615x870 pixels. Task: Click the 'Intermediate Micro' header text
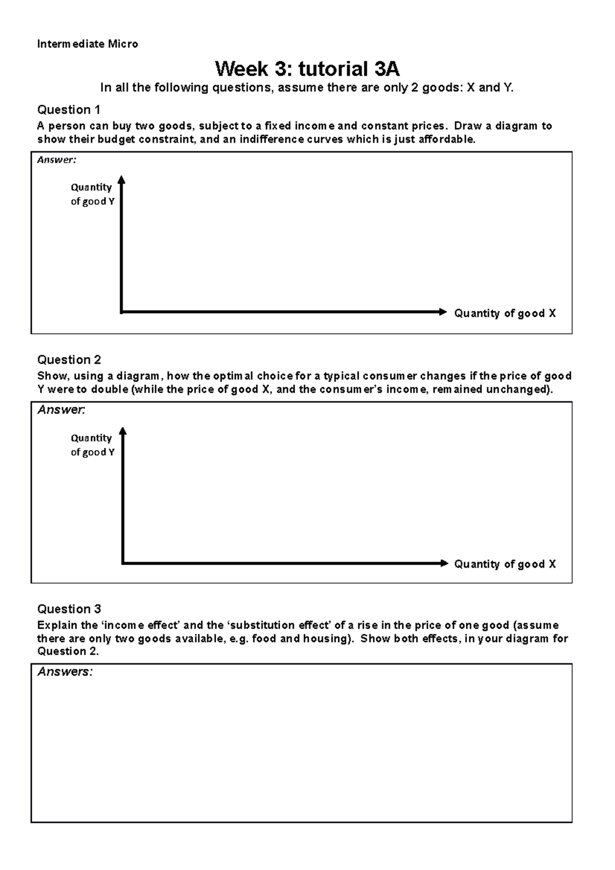pyautogui.click(x=87, y=44)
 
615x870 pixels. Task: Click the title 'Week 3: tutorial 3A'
pyautogui.click(x=307, y=68)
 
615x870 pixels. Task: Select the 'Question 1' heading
pyautogui.click(x=69, y=110)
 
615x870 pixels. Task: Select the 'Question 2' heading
pyautogui.click(x=69, y=360)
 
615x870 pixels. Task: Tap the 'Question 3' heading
pyautogui.click(x=69, y=609)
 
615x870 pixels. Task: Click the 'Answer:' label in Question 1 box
pyautogui.click(x=56, y=160)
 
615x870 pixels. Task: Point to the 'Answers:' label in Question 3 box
pyautogui.click(x=65, y=672)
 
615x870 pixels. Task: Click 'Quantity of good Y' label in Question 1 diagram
pyautogui.click(x=92, y=194)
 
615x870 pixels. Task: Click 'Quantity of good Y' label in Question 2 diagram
pyautogui.click(x=92, y=445)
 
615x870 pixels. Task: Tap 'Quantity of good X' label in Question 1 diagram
pyautogui.click(x=504, y=313)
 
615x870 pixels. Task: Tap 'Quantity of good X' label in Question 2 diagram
pyautogui.click(x=504, y=564)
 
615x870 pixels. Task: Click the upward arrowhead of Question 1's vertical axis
pyautogui.click(x=121, y=179)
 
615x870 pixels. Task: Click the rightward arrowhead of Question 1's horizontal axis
pyautogui.click(x=443, y=312)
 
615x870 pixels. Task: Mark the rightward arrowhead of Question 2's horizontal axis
pyautogui.click(x=444, y=563)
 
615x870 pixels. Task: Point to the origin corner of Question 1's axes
pyautogui.click(x=121, y=312)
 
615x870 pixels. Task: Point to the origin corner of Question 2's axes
pyautogui.click(x=123, y=563)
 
